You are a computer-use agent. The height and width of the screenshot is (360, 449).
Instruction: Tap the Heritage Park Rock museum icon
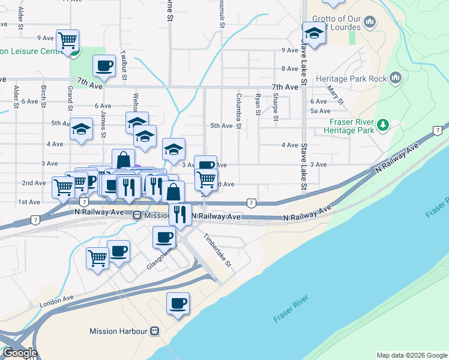point(396,78)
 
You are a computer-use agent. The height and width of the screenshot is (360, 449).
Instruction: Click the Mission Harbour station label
point(118,331)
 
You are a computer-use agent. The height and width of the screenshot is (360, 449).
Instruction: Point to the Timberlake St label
point(217,251)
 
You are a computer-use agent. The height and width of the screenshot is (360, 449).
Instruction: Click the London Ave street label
point(56,301)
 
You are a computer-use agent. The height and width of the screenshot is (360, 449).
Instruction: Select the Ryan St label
point(258,104)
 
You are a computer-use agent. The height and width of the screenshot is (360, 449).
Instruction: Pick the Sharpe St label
point(275,106)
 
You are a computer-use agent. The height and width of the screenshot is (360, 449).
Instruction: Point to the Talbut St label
point(125,64)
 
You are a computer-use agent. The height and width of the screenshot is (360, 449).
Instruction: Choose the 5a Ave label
point(321,111)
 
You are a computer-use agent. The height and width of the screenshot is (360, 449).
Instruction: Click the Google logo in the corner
point(19,353)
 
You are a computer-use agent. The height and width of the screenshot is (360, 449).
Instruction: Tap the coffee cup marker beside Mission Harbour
point(177,304)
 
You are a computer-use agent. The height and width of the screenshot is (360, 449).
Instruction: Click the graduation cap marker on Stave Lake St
point(314,33)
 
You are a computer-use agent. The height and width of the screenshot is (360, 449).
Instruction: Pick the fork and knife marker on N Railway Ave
point(179,214)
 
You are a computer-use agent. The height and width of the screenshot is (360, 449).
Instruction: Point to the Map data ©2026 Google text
point(411,355)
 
